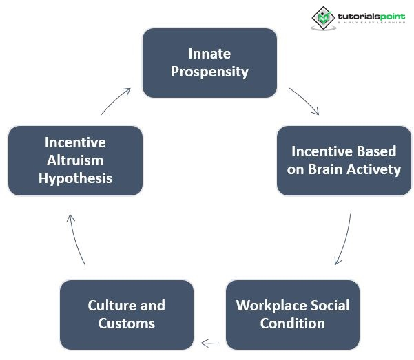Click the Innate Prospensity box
209,62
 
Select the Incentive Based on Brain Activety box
344,160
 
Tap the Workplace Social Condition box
293,314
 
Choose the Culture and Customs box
127,314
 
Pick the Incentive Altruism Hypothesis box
75,160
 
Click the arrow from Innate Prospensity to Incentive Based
304,100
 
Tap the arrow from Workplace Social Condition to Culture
210,342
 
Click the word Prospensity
209,71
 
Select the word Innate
209,53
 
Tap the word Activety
373,169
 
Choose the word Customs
127,323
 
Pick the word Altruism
75,160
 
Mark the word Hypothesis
75,178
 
